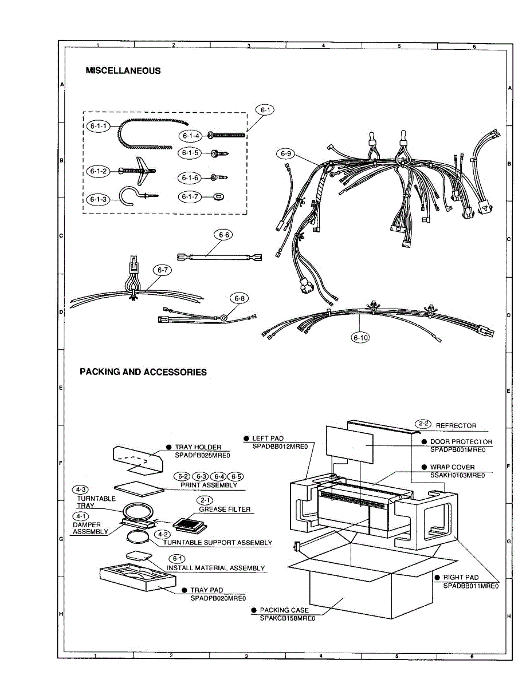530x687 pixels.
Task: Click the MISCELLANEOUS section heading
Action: [x=123, y=71]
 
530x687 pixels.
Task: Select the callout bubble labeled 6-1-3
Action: [x=98, y=199]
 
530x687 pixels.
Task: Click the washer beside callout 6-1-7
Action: [x=218, y=197]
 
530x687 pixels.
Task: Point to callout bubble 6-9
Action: [x=286, y=153]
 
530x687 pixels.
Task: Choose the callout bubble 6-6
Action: [x=223, y=235]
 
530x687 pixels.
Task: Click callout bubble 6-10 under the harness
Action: [x=360, y=338]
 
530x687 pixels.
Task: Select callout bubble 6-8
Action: [x=240, y=298]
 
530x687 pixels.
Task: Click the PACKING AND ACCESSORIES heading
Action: [x=143, y=372]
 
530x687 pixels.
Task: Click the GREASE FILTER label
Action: [x=225, y=509]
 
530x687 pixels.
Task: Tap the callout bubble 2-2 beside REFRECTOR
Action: [x=423, y=424]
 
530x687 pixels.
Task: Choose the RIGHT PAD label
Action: [x=461, y=578]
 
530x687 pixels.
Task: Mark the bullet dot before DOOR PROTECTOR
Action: [x=424, y=442]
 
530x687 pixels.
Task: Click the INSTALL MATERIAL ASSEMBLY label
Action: [x=216, y=568]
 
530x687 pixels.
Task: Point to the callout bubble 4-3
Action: [x=81, y=489]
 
